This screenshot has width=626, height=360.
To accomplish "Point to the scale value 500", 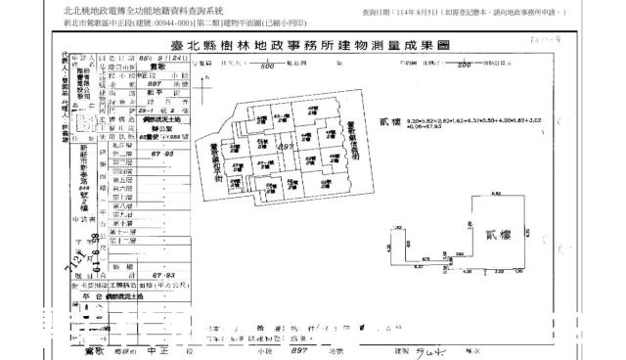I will point(267,67).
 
